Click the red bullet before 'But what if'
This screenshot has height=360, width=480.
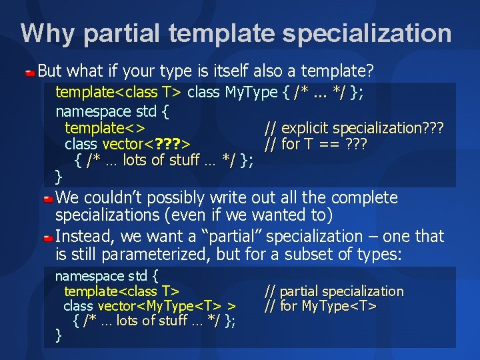tap(31, 71)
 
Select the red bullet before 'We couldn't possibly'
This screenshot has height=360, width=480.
tap(49, 199)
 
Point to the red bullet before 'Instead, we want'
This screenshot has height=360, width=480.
tap(49, 237)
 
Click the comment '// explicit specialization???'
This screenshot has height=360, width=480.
tap(354, 128)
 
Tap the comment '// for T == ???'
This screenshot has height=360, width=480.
tap(316, 144)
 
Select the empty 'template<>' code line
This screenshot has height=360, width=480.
tap(105, 128)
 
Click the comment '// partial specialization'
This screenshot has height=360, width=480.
tap(334, 291)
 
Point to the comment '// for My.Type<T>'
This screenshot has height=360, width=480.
tap(321, 306)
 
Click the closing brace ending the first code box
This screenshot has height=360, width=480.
tap(58, 176)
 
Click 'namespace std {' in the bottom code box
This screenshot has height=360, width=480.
tap(106, 276)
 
